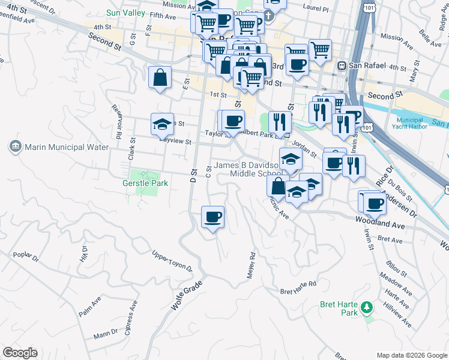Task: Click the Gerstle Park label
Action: (x=145, y=183)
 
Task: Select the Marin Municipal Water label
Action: (x=66, y=147)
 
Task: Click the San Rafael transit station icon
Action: (x=342, y=67)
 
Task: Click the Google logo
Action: (x=20, y=353)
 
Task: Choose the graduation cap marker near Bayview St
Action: (x=162, y=124)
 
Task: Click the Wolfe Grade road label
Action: (x=183, y=296)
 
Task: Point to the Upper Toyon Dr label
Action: (x=172, y=260)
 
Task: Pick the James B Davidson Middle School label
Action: (x=249, y=169)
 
